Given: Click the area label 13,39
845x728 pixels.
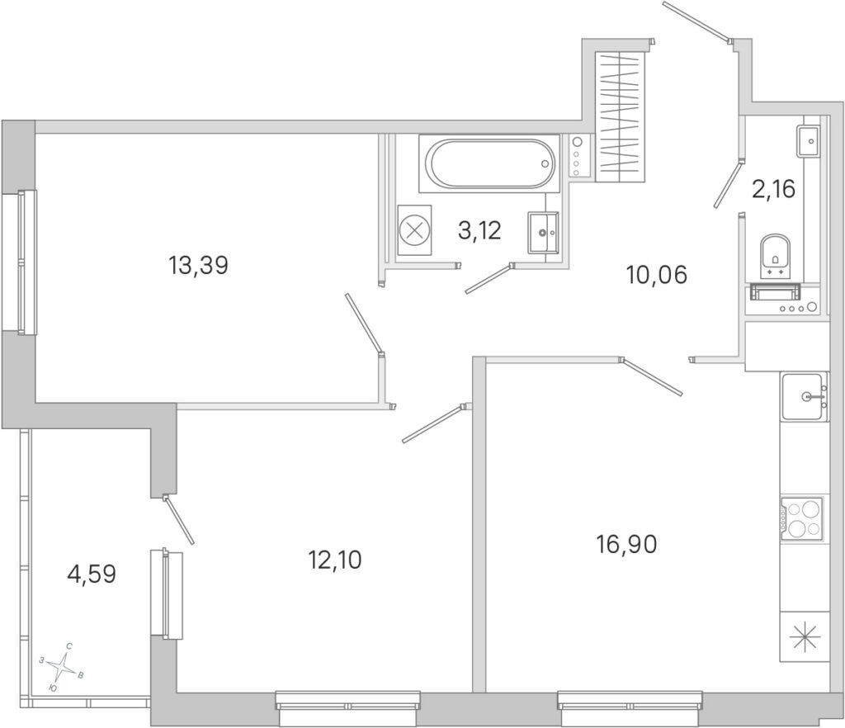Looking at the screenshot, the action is (x=198, y=265).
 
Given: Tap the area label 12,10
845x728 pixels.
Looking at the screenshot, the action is (x=335, y=560).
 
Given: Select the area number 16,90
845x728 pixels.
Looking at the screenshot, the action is (x=626, y=545).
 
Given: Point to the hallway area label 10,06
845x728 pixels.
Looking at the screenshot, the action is (x=656, y=276).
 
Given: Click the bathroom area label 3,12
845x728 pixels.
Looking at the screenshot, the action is (x=479, y=230).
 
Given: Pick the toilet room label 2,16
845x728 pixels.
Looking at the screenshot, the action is (x=774, y=189).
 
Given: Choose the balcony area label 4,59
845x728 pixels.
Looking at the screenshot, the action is (x=92, y=574).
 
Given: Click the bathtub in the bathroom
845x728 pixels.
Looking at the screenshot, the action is (x=490, y=163).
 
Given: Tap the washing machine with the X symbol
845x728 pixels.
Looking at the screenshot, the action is (x=415, y=230).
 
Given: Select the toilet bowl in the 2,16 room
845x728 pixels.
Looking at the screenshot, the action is (x=774, y=257).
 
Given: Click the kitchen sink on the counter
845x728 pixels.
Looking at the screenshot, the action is (x=804, y=396).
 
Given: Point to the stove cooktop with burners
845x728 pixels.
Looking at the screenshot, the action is (x=802, y=519).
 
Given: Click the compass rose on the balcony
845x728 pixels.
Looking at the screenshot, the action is (x=64, y=666).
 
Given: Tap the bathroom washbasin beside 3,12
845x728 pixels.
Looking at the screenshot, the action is (x=543, y=232).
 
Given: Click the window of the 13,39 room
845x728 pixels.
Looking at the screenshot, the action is (x=20, y=262).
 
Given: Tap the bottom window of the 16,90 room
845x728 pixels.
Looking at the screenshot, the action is (x=630, y=707).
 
